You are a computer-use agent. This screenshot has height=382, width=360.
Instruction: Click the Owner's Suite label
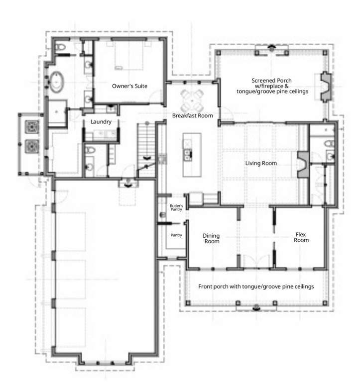click(129, 86)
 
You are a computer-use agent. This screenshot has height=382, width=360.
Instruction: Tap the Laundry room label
click(101, 121)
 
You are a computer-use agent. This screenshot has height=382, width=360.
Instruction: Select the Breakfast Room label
click(192, 115)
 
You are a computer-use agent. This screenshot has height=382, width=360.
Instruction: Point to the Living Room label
click(261, 163)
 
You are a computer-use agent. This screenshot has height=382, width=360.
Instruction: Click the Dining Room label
click(212, 239)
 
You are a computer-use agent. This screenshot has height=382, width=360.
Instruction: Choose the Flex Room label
click(301, 237)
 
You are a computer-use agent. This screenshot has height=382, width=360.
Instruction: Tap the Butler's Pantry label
click(176, 207)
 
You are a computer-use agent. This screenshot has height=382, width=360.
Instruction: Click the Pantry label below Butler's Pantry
click(176, 235)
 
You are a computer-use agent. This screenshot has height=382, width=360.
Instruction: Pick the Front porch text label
click(256, 286)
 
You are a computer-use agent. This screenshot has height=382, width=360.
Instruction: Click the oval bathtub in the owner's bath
click(57, 82)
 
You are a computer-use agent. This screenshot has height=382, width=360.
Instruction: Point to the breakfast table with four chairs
click(192, 100)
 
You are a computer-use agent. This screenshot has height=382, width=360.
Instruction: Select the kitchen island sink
click(188, 155)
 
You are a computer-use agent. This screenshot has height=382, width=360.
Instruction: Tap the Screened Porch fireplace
click(326, 86)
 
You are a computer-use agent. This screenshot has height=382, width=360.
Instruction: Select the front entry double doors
click(256, 262)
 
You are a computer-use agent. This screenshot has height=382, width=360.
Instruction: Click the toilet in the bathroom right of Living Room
click(330, 143)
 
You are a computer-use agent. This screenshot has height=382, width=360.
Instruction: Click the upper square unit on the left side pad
click(32, 127)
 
